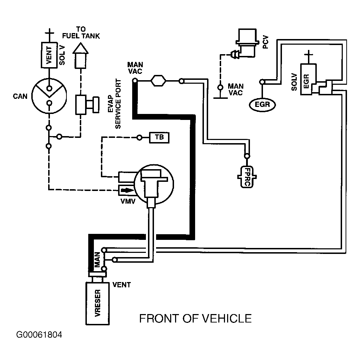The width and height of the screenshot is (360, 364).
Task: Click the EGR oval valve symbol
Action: (262, 104)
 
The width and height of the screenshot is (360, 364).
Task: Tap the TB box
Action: (159, 138)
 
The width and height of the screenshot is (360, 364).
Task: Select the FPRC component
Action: (247, 177)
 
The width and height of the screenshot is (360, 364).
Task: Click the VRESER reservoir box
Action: (97, 303)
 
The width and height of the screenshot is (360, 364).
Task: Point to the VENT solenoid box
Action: (49, 55)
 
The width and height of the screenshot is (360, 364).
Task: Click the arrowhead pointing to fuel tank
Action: (81, 48)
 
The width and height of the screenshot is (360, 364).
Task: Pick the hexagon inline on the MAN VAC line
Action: (159, 81)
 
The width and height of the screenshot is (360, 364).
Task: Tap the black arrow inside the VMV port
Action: (128, 190)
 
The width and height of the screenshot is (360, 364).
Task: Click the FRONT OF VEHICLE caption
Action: (195, 319)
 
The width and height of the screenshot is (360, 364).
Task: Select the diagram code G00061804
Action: (39, 335)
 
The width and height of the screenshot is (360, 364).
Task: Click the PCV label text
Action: (265, 42)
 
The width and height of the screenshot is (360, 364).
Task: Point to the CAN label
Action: (20, 96)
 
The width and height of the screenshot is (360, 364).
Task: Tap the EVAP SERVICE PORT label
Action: (115, 104)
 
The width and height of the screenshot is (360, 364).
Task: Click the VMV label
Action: (128, 201)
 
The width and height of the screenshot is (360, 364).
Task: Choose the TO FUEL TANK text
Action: (81, 33)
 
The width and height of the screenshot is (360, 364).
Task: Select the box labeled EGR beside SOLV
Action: (308, 79)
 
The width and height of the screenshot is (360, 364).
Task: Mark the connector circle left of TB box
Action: (139, 138)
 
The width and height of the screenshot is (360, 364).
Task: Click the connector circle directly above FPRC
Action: (247, 156)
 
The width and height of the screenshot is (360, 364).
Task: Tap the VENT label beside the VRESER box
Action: (121, 285)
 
